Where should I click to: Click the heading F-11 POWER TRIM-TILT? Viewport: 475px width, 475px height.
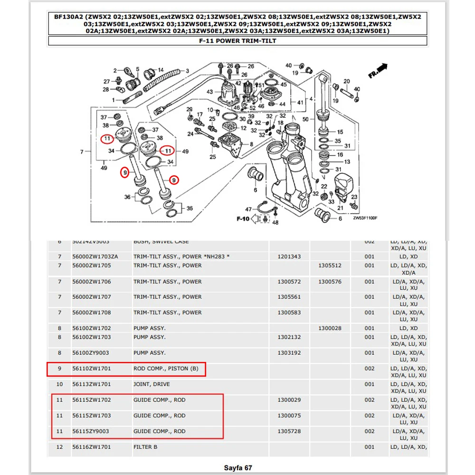[237, 41]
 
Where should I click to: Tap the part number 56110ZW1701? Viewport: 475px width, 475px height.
[91, 369]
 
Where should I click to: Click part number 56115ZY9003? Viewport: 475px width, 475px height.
[91, 431]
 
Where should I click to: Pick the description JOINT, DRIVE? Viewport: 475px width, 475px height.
[152, 384]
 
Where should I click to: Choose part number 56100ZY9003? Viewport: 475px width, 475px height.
[91, 353]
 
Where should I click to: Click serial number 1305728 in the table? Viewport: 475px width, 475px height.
[289, 431]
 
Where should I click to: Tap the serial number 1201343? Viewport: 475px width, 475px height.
[289, 256]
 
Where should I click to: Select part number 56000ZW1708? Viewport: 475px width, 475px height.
[91, 313]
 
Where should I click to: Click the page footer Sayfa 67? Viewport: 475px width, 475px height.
[237, 468]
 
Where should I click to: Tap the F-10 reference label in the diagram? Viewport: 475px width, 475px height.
[243, 219]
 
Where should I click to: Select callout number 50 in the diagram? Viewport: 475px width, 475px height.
[305, 119]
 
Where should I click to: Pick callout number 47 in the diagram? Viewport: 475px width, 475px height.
[248, 209]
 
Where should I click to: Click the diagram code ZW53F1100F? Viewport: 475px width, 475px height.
[365, 218]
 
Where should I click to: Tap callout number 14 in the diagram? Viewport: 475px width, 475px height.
[161, 69]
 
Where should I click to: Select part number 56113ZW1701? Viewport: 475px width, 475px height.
[91, 384]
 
